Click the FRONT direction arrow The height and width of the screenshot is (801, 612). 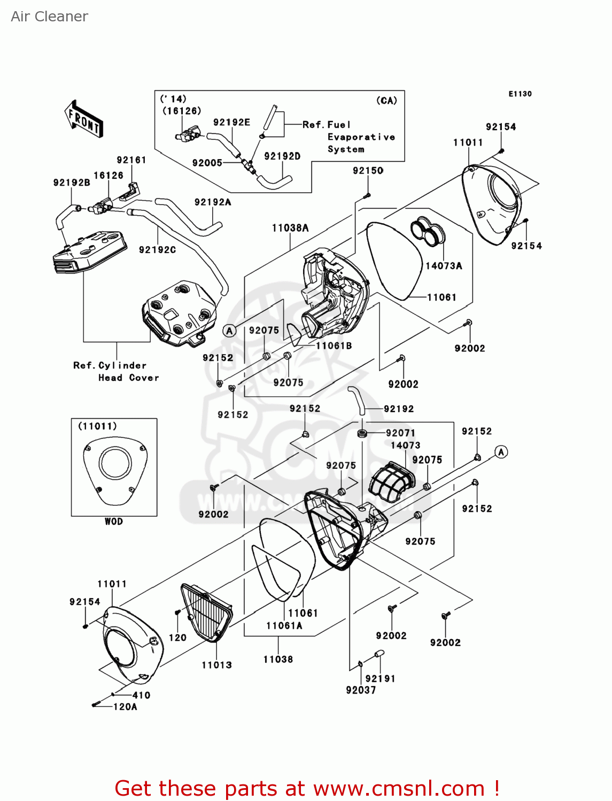pyautogui.click(x=83, y=119)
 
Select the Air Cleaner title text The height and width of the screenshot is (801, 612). pyautogui.click(x=49, y=17)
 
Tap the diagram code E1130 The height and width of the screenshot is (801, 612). pyautogui.click(x=520, y=93)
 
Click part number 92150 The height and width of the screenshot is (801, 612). pyautogui.click(x=368, y=170)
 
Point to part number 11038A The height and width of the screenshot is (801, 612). pyautogui.click(x=290, y=228)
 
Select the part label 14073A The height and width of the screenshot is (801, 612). pyautogui.click(x=444, y=266)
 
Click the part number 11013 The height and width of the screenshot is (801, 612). pyautogui.click(x=216, y=665)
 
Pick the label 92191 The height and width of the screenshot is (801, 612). pyautogui.click(x=380, y=678)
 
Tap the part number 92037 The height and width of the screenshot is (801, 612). pyautogui.click(x=361, y=690)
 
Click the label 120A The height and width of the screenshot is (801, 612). pyautogui.click(x=125, y=706)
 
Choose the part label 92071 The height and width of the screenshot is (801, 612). pyautogui.click(x=400, y=433)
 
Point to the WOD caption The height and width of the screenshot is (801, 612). pyautogui.click(x=113, y=521)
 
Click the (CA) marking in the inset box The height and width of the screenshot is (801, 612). pyautogui.click(x=386, y=100)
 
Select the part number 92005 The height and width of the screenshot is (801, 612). pyautogui.click(x=207, y=163)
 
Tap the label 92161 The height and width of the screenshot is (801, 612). pyautogui.click(x=131, y=160)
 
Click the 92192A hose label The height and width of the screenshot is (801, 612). pyautogui.click(x=213, y=202)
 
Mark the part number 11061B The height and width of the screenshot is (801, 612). pyautogui.click(x=334, y=345)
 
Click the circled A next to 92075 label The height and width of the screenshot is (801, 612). pyautogui.click(x=229, y=331)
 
